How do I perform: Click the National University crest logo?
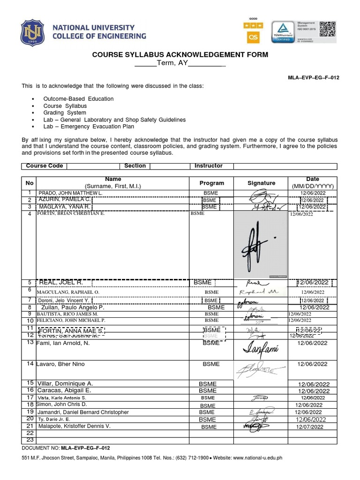pos(32,32)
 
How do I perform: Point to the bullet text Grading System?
pos(65,113)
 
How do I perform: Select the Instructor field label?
pos(208,166)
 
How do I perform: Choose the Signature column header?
pos(261,183)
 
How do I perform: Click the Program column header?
pos(211,183)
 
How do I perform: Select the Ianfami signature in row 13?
pos(260,349)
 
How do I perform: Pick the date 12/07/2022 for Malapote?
pos(309,427)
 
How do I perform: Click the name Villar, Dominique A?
pos(66,383)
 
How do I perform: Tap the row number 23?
pos(30,440)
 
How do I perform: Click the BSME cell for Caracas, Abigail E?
pos(208,390)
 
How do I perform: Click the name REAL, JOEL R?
pos(61,283)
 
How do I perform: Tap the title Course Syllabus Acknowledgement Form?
pos(180,55)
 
